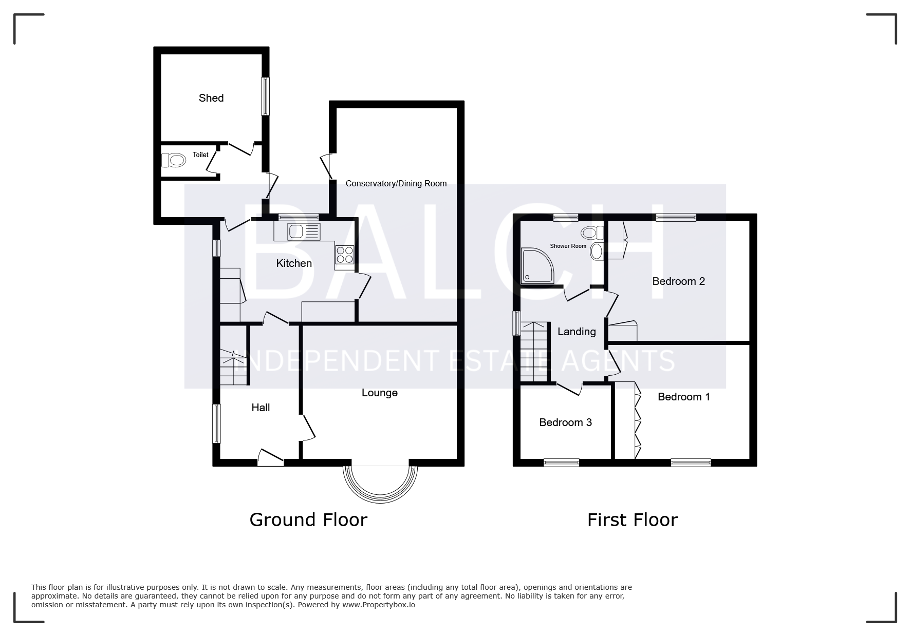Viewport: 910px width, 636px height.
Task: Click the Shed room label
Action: click(211, 98)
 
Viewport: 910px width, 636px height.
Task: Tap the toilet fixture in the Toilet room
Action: click(173, 160)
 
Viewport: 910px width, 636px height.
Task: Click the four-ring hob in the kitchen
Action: click(345, 255)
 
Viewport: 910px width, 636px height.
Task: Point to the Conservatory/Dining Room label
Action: click(396, 183)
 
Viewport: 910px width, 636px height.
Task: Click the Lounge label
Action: click(380, 393)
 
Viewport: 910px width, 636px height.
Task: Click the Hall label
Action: click(261, 408)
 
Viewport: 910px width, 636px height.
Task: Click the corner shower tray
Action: click(537, 265)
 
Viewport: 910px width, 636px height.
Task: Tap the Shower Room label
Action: click(568, 246)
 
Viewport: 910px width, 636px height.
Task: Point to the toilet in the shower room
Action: click(593, 233)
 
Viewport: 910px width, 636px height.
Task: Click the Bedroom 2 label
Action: click(678, 281)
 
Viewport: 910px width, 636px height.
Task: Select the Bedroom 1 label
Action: click(683, 397)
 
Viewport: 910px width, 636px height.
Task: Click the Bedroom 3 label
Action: click(565, 422)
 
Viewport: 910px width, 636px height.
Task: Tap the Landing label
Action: click(577, 332)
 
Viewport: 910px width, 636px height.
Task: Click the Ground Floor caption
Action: click(308, 520)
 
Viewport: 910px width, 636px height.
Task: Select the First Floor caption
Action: click(633, 520)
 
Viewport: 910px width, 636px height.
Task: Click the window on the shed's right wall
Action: click(266, 96)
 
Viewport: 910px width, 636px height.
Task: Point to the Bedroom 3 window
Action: click(562, 462)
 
